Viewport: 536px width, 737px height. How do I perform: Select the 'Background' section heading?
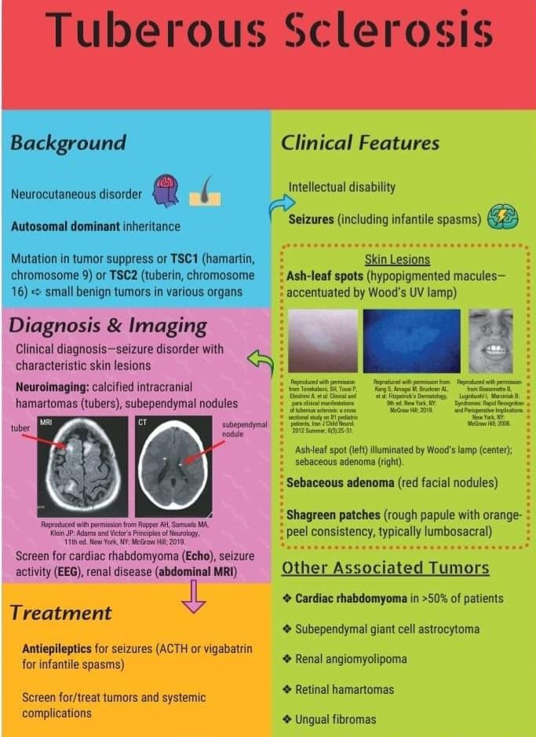coord(68,143)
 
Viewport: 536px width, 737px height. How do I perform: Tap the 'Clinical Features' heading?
coord(360,143)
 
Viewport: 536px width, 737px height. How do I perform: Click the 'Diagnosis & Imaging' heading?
coord(108,325)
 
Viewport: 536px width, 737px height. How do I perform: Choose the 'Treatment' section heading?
coord(61,612)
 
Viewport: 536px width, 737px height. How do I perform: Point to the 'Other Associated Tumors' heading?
coord(385,567)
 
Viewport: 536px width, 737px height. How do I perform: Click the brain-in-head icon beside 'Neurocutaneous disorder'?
coord(166,191)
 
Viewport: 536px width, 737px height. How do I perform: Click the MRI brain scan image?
coord(82,465)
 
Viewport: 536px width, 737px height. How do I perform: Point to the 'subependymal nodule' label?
coord(245,430)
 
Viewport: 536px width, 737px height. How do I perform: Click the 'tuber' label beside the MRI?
coord(20,428)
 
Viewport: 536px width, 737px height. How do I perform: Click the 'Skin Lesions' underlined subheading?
coord(397,259)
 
